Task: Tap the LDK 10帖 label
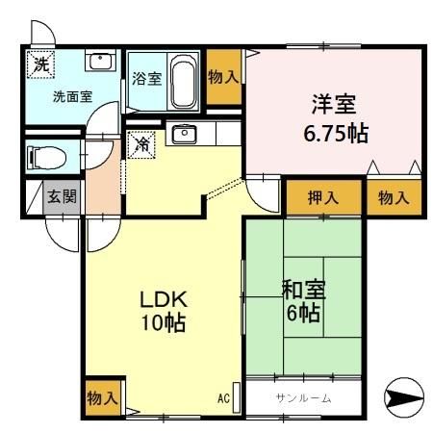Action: coord(162,309)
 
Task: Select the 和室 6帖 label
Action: coord(301,299)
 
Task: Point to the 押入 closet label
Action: coord(322,197)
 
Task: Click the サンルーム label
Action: coord(303,397)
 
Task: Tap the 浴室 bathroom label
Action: coord(146,79)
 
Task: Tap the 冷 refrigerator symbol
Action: coord(141,144)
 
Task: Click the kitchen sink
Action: coord(183,134)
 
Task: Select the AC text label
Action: coord(223,397)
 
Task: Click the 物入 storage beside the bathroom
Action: coord(223,75)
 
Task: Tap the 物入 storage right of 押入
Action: coord(394,197)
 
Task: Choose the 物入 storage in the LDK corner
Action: coord(102,397)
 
